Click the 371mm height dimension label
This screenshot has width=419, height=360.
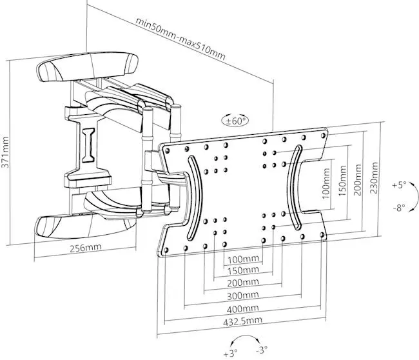click(x=5, y=152)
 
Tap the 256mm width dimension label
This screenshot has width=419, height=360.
click(x=86, y=247)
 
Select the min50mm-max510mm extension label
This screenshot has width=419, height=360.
click(x=180, y=39)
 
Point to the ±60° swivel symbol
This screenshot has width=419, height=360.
click(x=235, y=121)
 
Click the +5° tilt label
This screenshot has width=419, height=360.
click(x=399, y=185)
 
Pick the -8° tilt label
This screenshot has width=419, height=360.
click(x=399, y=208)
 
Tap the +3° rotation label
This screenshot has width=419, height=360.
click(x=230, y=354)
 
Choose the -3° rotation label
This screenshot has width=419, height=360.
click(x=262, y=349)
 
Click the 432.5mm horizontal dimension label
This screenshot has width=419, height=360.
click(x=242, y=321)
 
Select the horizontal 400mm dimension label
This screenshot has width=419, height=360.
click(x=242, y=308)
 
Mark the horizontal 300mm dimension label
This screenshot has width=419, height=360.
click(x=242, y=295)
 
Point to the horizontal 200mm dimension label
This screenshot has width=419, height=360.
click(x=242, y=283)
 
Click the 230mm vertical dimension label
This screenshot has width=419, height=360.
click(x=374, y=177)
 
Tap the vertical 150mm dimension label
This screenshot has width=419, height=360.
click(x=342, y=181)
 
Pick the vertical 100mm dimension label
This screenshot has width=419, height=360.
click(x=326, y=183)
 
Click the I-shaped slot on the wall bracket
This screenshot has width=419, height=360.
click(x=88, y=145)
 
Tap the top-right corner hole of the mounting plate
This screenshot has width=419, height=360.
click(x=323, y=135)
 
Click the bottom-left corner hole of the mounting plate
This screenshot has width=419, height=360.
click(x=166, y=250)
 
